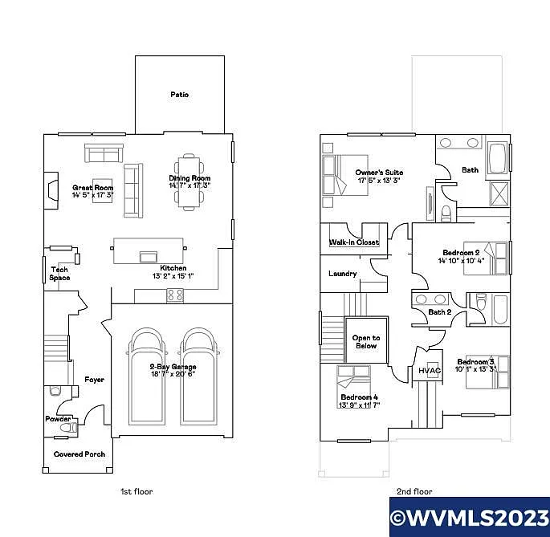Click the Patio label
[x=179, y=95]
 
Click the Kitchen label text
[x=173, y=268]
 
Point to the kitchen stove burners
[x=174, y=295]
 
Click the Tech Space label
[x=60, y=274]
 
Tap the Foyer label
[x=95, y=380]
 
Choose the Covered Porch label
[x=79, y=454]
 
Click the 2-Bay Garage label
[x=172, y=367]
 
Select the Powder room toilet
[x=55, y=391]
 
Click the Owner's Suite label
[x=379, y=173]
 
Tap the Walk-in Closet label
[x=353, y=242]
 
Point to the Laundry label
[x=343, y=274]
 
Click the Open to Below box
[x=365, y=341]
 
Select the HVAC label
[x=430, y=371]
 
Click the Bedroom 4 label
[x=358, y=397]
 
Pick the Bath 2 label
[x=439, y=312]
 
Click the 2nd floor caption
[x=414, y=491]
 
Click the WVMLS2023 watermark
[x=469, y=517]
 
